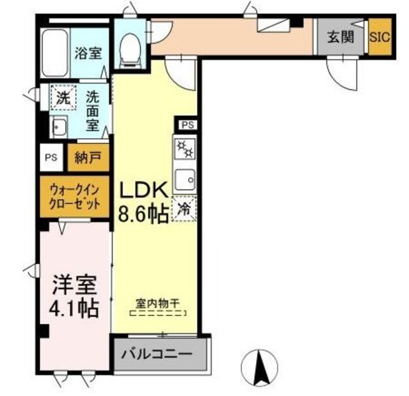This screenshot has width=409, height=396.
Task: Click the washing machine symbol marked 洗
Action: [x=63, y=99]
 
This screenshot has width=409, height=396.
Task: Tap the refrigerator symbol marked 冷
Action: [x=183, y=209]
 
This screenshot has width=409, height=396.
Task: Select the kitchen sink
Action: [x=185, y=178]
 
